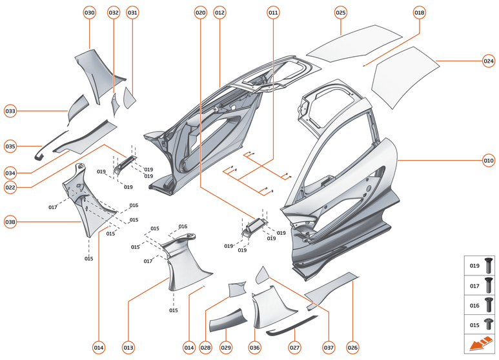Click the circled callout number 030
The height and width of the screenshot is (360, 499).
click(x=89, y=13)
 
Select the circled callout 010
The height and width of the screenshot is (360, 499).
click(x=489, y=160)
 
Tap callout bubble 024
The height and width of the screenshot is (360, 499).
click(x=489, y=61)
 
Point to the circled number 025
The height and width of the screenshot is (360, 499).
click(x=341, y=13)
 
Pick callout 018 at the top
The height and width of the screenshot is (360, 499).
click(x=420, y=13)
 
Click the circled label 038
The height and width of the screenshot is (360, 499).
click(x=10, y=222)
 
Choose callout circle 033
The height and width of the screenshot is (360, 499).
click(x=10, y=111)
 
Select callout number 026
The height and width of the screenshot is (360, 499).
click(x=352, y=348)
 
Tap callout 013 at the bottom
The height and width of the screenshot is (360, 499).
click(x=128, y=348)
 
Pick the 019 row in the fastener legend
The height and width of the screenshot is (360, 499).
click(x=481, y=265)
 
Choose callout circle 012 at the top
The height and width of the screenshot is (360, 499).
click(x=219, y=13)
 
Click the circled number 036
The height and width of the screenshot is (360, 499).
click(x=255, y=348)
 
